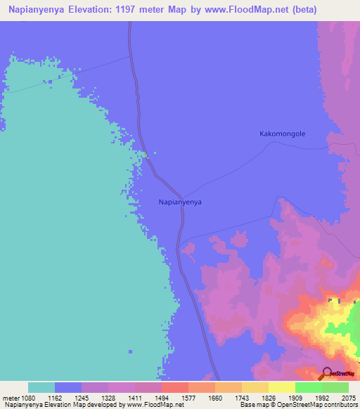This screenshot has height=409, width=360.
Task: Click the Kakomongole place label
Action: coord(283,134)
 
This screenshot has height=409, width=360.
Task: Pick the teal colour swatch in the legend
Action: coord(41,387)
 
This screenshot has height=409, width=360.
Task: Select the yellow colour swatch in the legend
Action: coord(282,387)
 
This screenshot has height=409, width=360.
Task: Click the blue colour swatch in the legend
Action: coord(68,387)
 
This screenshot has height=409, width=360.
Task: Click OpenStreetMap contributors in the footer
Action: coord(321,405)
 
